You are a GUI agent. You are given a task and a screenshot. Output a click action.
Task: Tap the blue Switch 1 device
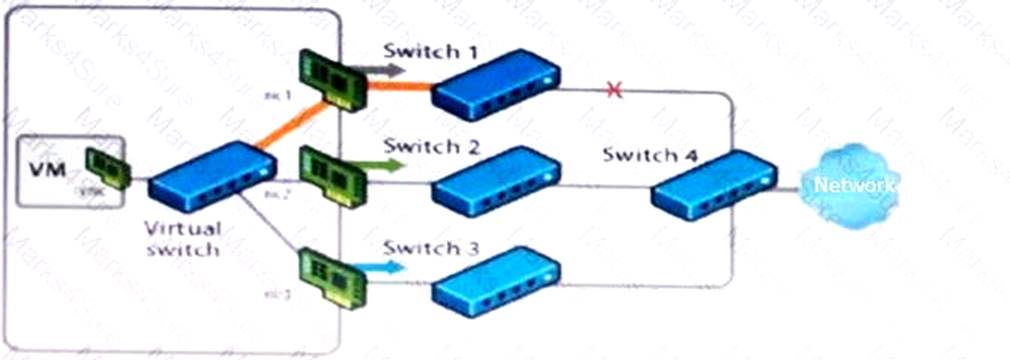pyautogui.click(x=494, y=88)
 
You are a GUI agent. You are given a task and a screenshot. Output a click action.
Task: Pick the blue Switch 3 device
pyautogui.click(x=494, y=283)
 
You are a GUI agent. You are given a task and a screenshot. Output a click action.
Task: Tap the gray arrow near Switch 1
pyautogui.click(x=384, y=71)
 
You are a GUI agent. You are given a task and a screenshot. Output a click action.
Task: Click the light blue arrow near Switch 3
pyautogui.click(x=385, y=266)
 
